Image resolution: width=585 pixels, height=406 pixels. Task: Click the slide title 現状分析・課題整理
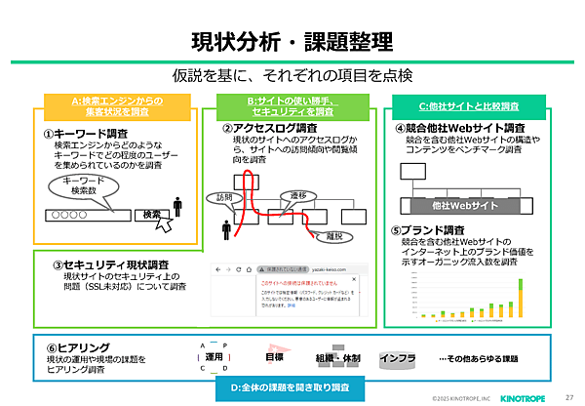click(x=292, y=42)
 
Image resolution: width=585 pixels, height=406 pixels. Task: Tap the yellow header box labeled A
click(x=116, y=106)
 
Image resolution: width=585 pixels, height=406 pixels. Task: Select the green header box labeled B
click(x=292, y=106)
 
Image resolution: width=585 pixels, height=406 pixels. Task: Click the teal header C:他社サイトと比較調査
click(x=468, y=105)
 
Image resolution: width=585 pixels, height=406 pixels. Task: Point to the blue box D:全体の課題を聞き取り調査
click(x=292, y=387)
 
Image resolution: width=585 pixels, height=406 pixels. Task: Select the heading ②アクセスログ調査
click(x=269, y=128)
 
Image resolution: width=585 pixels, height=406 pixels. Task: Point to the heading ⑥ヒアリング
click(x=73, y=347)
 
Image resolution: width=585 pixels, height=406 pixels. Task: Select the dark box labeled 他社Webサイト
click(x=458, y=206)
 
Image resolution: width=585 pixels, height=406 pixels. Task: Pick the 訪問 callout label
click(x=227, y=197)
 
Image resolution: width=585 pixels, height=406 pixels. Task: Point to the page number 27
click(x=569, y=396)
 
